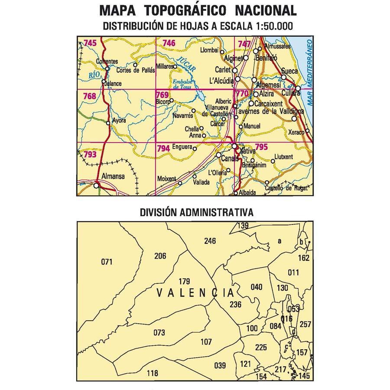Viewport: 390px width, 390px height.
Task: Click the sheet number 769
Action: point(162,95)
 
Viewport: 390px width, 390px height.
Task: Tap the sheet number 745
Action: point(90,42)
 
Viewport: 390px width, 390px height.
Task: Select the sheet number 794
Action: point(163,148)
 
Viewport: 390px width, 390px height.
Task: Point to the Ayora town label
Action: point(119,120)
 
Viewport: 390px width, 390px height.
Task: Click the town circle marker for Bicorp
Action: point(172,101)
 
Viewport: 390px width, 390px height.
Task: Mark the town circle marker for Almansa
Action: point(96,185)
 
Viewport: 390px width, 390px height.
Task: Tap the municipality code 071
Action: point(106,262)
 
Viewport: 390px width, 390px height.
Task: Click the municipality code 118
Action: point(153,373)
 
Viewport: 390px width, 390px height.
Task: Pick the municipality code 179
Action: point(184,281)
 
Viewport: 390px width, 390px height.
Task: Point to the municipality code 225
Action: point(261,347)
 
